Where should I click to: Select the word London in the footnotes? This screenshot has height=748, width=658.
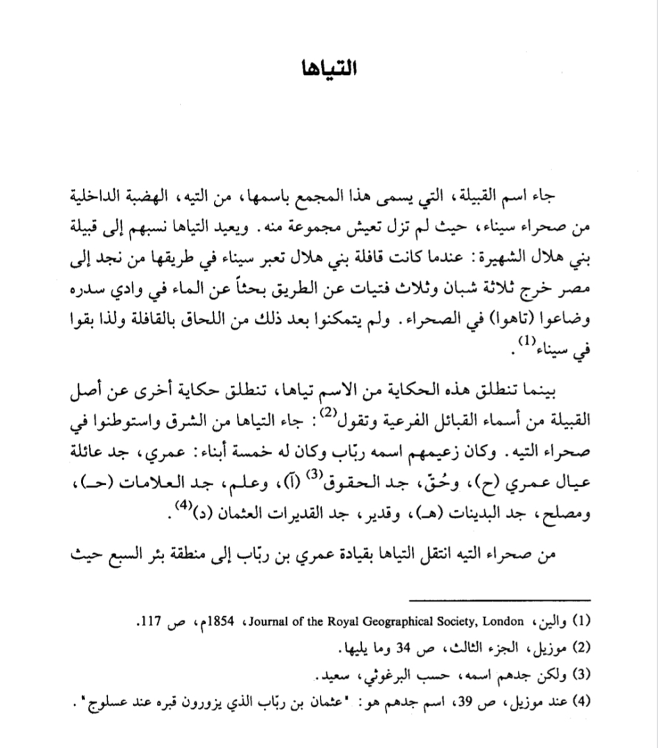508,622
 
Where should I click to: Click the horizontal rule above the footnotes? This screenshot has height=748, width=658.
500,600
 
